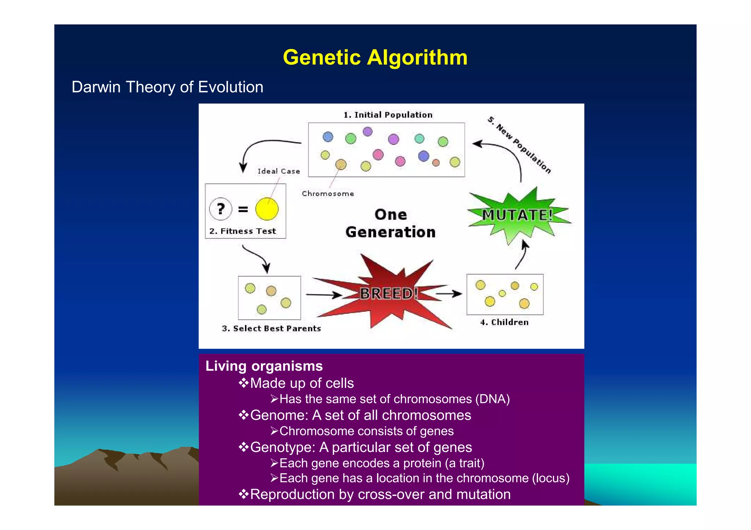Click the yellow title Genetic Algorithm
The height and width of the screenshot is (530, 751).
point(375,58)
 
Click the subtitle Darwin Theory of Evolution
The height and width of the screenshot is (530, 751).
point(167,87)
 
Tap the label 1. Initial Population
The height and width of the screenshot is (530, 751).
point(388,115)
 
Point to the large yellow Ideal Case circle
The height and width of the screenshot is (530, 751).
point(267,209)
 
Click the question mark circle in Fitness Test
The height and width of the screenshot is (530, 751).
point(220,209)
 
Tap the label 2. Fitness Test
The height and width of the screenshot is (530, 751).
point(242,231)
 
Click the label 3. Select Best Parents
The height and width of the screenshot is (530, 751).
point(271,329)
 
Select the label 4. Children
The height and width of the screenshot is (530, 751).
point(504,322)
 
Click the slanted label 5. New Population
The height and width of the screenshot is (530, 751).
point(519,145)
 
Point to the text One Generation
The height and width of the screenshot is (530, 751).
point(390,223)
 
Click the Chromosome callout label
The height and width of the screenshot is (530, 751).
point(328,194)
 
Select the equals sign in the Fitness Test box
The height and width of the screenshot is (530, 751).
point(243,210)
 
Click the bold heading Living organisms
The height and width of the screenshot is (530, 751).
point(264,366)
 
